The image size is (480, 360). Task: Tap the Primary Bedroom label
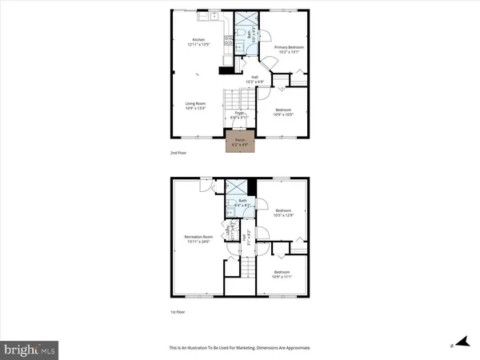[x=289, y=50]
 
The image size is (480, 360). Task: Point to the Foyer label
[x=238, y=115]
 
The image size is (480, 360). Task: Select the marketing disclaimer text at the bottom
[x=239, y=348]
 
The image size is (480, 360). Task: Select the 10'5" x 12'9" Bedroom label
[x=284, y=214]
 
